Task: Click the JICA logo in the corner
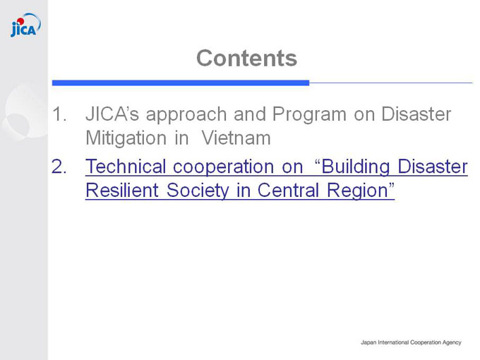tap(25, 25)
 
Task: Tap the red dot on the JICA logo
tap(20, 21)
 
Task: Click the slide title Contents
tap(247, 58)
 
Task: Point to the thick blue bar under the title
tap(181, 83)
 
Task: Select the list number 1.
tap(59, 114)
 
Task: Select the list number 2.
tap(59, 167)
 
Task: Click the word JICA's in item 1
tap(112, 114)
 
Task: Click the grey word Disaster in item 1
tap(416, 114)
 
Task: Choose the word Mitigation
tap(126, 139)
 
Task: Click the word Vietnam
tap(236, 138)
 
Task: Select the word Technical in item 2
tap(126, 167)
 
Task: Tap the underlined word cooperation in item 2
tap(223, 168)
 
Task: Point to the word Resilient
tap(122, 190)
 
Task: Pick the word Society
tap(198, 191)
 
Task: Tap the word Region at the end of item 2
tap(358, 191)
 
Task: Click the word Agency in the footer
tap(452, 342)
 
